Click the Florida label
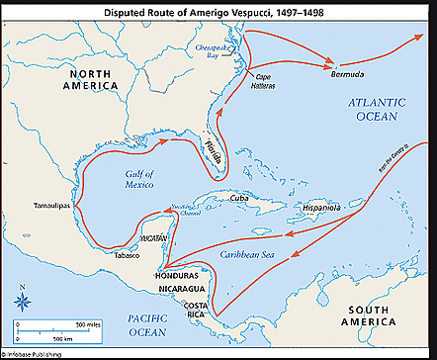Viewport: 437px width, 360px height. coord(213,148)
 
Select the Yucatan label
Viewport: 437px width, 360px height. coord(143,238)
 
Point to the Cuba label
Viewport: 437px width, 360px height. coord(238,197)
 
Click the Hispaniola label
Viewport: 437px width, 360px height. coord(319,210)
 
